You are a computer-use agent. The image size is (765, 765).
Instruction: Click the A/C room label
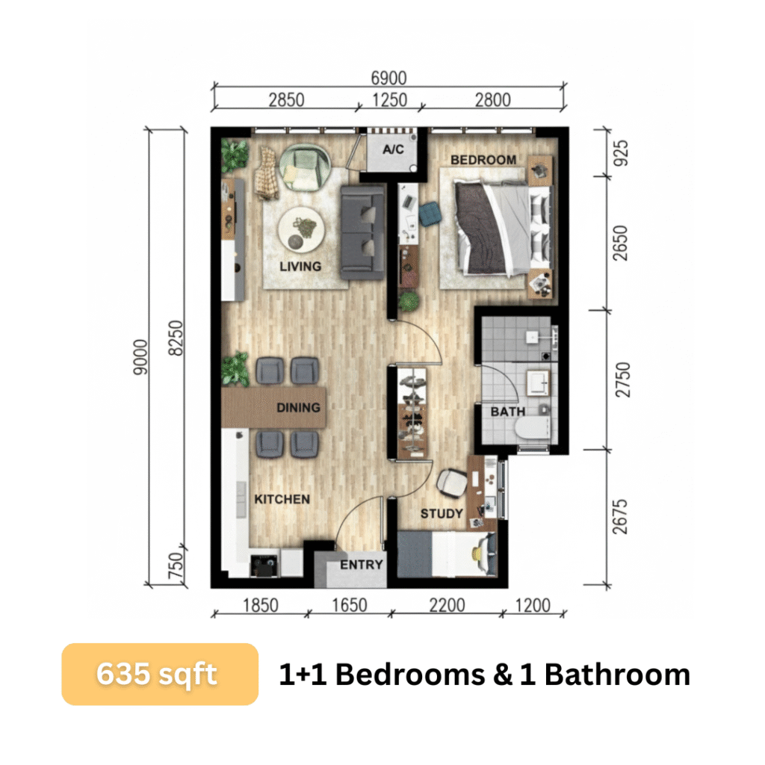[x=393, y=149]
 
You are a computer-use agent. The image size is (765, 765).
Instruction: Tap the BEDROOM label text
[x=483, y=160]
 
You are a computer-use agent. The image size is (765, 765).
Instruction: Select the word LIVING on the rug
[x=300, y=267]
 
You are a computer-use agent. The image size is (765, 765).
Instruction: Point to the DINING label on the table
[x=298, y=407]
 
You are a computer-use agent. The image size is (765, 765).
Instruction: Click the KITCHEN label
[x=282, y=499]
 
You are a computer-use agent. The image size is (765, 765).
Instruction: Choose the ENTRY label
[x=361, y=565]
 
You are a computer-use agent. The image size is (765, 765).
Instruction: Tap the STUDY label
[x=442, y=513]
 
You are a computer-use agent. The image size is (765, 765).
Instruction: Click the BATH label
[x=508, y=412]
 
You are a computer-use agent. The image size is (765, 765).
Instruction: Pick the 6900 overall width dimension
[x=388, y=78]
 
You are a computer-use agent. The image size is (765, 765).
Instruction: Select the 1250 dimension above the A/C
[x=389, y=100]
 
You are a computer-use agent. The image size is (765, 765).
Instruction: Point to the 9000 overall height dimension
[x=140, y=357]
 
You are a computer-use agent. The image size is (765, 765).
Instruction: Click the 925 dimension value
[x=620, y=152]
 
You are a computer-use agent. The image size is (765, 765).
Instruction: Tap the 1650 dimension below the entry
[x=350, y=605]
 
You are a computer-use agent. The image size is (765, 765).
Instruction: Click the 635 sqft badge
[x=160, y=675]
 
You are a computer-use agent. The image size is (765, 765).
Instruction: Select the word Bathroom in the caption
[x=617, y=675]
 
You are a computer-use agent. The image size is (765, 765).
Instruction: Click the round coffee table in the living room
[x=301, y=230]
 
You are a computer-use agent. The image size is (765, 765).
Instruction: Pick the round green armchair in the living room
[x=306, y=168]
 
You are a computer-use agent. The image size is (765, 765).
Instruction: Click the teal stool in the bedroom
[x=430, y=214]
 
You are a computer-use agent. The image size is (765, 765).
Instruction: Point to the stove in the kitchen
[x=264, y=566]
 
